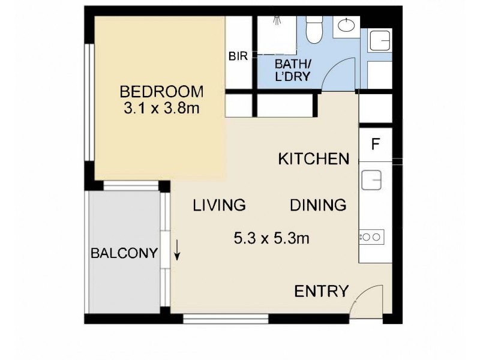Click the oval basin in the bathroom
[x=347, y=26]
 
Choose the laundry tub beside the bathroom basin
[x=379, y=41]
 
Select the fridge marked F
[x=376, y=145]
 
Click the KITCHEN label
[x=314, y=159]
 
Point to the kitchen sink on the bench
[x=371, y=180]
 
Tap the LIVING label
[x=219, y=205]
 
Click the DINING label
[x=318, y=205]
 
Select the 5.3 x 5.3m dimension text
[x=271, y=238]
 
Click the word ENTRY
[x=321, y=292]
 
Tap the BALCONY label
[x=124, y=253]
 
